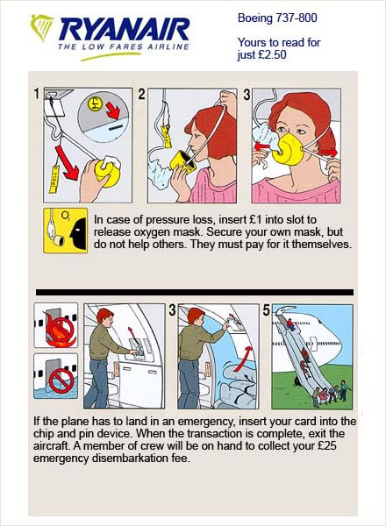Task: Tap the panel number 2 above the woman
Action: (141, 94)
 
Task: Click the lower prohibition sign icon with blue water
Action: (54, 379)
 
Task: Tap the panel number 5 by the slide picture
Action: (265, 309)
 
